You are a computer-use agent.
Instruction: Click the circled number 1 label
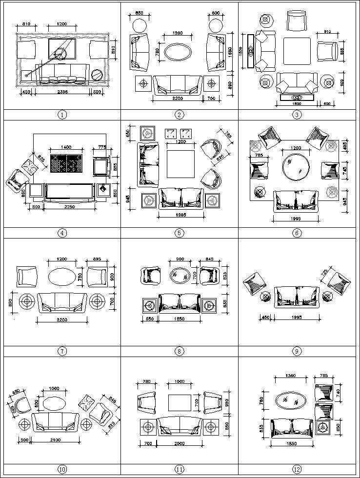pyautogui.click(x=62, y=115)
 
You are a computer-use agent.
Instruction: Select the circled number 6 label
pyautogui.click(x=297, y=233)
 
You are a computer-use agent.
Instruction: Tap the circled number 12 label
pyautogui.click(x=297, y=469)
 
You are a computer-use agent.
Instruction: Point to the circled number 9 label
pyautogui.click(x=297, y=351)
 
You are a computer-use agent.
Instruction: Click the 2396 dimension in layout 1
pyautogui.click(x=62, y=91)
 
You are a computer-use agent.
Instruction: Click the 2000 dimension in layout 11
pyautogui.click(x=179, y=443)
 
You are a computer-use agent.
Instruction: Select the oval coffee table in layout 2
pyautogui.click(x=179, y=52)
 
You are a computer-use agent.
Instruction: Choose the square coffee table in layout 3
pyautogui.click(x=297, y=51)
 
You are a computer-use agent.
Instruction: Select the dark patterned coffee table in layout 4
pyautogui.click(x=67, y=163)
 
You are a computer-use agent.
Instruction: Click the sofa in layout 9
pyautogui.click(x=297, y=297)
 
